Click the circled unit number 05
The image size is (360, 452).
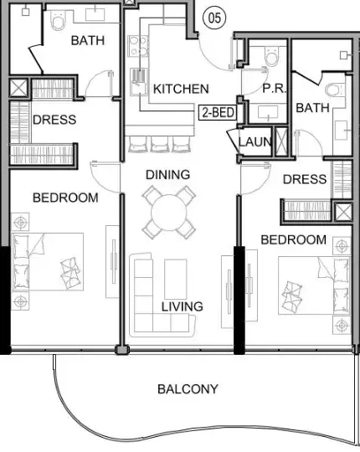tap(214, 18)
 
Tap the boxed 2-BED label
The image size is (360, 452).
tap(218, 112)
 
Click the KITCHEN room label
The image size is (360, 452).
tap(181, 89)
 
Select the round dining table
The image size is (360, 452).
tap(168, 212)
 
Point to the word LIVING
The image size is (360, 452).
tap(183, 306)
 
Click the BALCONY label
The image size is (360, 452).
tap(188, 389)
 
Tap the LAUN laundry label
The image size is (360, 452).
tap(255, 141)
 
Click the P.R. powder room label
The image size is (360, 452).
tap(274, 89)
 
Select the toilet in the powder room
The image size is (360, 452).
tap(272, 56)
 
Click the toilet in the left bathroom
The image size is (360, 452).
tap(58, 20)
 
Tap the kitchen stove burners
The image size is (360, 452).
tap(137, 46)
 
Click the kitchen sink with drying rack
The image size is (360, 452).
tap(138, 81)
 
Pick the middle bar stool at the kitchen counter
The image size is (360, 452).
tap(159, 144)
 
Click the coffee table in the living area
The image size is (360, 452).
tap(176, 279)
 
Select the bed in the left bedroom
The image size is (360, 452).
tap(48, 262)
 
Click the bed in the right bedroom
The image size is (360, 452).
tap(314, 285)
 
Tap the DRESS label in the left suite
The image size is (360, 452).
tap(54, 120)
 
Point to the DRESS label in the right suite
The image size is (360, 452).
tap(305, 179)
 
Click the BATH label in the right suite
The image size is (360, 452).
tap(313, 108)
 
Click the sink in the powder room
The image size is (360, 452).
tap(268, 112)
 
